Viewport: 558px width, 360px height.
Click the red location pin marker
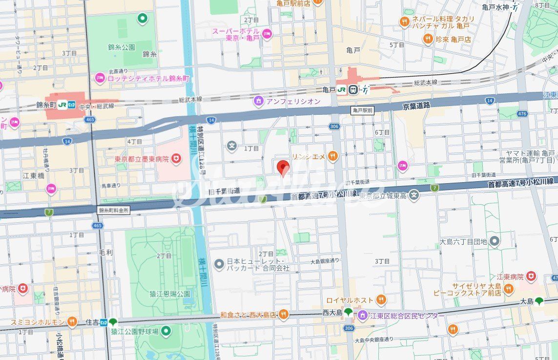click(x=283, y=168)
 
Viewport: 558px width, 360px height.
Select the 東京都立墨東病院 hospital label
click(x=142, y=159)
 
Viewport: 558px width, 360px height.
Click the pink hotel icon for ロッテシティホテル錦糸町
click(x=100, y=78)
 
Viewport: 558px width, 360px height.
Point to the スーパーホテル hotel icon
click(x=267, y=34)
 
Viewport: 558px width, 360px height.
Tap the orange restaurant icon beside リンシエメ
click(x=333, y=156)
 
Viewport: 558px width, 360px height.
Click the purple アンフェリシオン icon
click(x=258, y=101)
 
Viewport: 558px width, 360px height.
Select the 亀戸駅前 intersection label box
click(x=362, y=111)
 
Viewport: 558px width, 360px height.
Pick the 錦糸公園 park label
click(x=121, y=47)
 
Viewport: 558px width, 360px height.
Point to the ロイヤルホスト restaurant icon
click(x=381, y=299)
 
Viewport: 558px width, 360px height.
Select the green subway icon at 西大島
click(x=348, y=312)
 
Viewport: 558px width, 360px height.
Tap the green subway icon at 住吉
click(x=113, y=322)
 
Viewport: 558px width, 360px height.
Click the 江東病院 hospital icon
click(x=531, y=277)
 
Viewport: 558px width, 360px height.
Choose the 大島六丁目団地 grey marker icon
click(x=495, y=241)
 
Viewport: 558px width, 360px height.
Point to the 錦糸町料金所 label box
click(x=114, y=210)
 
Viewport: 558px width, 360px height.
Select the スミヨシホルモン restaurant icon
click(x=72, y=321)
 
